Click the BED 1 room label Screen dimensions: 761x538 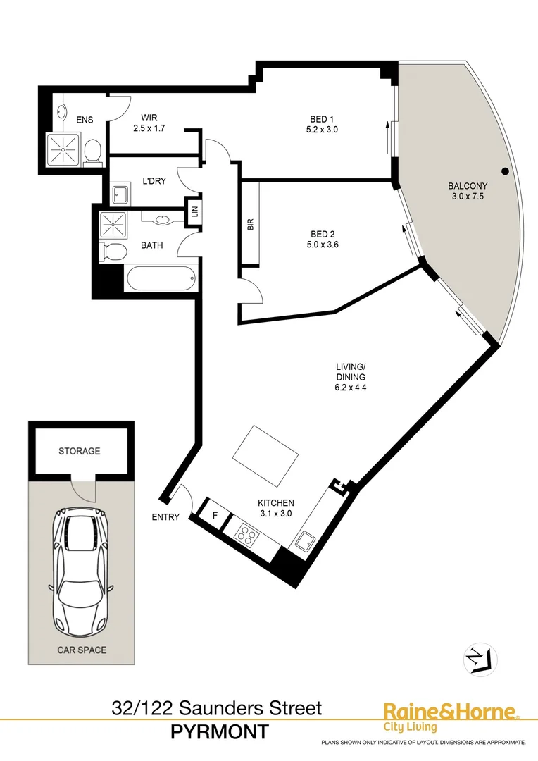323,118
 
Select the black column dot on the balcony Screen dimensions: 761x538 505,171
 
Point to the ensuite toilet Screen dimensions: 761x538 92,150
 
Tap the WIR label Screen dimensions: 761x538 148,118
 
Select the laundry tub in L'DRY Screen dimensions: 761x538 119,194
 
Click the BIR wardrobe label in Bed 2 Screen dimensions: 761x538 250,225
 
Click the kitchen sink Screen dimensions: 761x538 305,542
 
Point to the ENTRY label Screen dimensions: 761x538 165,517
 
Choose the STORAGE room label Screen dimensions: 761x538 79,451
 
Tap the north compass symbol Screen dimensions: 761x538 480,660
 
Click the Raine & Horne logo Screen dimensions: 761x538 450,716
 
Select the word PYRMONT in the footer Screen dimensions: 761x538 220,733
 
